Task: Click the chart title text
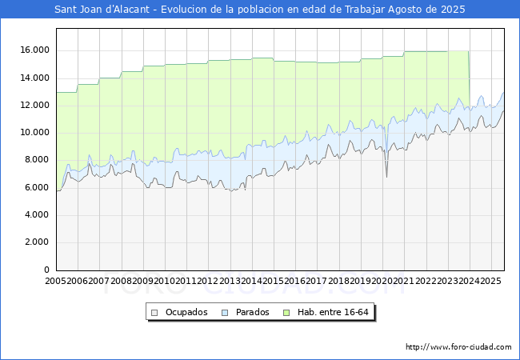coord(259,10)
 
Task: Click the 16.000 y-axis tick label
coord(35,50)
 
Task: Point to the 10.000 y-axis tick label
coord(35,132)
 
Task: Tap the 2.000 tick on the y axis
coord(38,242)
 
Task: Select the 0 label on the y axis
coord(48,270)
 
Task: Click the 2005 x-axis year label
coord(56,282)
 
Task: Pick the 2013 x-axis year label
coord(230,282)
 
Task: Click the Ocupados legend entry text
coord(186,312)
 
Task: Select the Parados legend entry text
coord(253,312)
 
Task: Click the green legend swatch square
coord(290,312)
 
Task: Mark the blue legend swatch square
coord(225,312)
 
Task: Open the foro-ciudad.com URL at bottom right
coord(458,347)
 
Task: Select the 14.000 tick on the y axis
coord(35,78)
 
